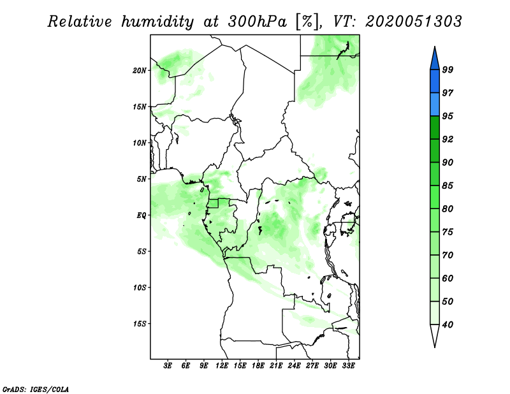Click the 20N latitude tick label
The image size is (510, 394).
click(140, 71)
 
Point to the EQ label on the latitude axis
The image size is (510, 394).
click(141, 215)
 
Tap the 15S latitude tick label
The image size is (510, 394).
click(140, 324)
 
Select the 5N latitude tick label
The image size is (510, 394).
click(142, 179)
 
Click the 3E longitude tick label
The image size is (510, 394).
click(168, 366)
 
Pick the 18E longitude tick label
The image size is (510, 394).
click(258, 366)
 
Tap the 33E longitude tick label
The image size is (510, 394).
click(348, 366)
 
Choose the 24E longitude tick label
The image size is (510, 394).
click(294, 366)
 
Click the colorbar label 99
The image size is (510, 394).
click(448, 69)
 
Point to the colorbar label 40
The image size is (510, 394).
click(448, 325)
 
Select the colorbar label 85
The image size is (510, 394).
click(448, 186)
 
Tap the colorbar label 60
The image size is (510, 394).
click(448, 278)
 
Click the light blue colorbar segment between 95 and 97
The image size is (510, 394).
click(435, 105)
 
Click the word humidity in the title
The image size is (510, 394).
click(157, 22)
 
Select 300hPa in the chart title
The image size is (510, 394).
click(257, 22)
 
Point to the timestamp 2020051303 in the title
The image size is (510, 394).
click(413, 22)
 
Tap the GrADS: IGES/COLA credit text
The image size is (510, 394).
click(36, 389)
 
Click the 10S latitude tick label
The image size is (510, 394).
click(140, 288)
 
